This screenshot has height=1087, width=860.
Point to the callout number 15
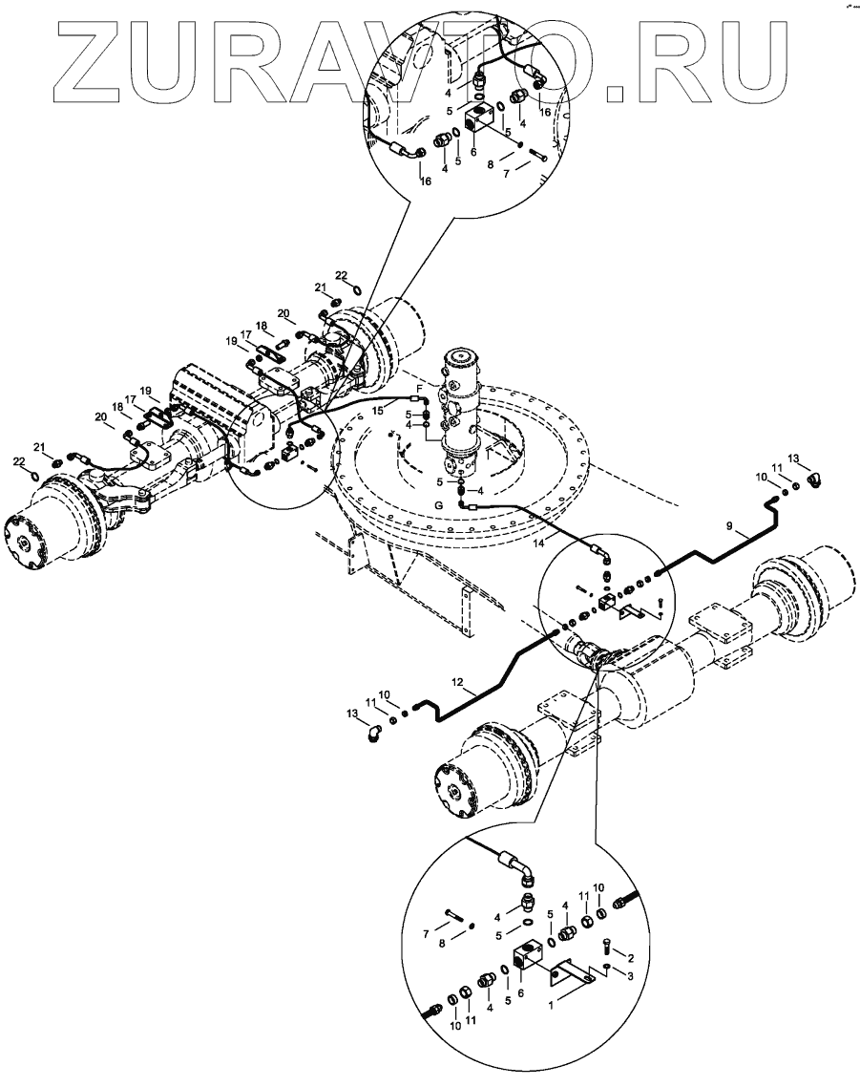pyautogui.click(x=378, y=410)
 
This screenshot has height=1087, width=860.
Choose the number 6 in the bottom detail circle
pyautogui.click(x=520, y=992)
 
